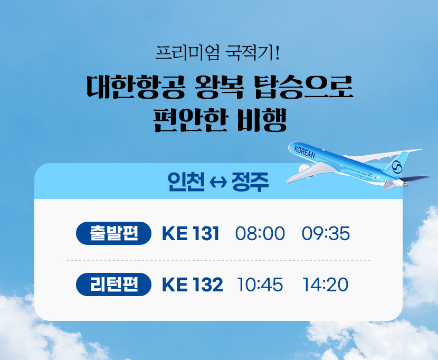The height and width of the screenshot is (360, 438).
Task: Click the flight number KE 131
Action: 191,233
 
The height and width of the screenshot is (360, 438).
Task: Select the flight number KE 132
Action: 193,285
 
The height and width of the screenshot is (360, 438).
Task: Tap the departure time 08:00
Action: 260,233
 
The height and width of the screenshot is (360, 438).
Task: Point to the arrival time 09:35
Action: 326,233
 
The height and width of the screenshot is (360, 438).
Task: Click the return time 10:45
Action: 260,285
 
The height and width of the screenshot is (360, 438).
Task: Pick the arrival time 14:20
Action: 326,285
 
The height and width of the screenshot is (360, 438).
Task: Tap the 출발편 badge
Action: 113,233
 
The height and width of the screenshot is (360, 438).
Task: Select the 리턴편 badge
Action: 113,285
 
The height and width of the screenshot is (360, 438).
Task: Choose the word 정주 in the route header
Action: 250,182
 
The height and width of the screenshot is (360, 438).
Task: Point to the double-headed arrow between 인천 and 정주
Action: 218,183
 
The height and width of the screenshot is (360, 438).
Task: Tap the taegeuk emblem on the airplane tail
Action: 397,167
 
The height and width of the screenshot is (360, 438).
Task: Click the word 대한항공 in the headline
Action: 136,87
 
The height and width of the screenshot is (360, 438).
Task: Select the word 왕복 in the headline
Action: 220,87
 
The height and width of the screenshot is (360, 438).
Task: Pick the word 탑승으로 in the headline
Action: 304,87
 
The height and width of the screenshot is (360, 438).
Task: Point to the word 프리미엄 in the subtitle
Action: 187,53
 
